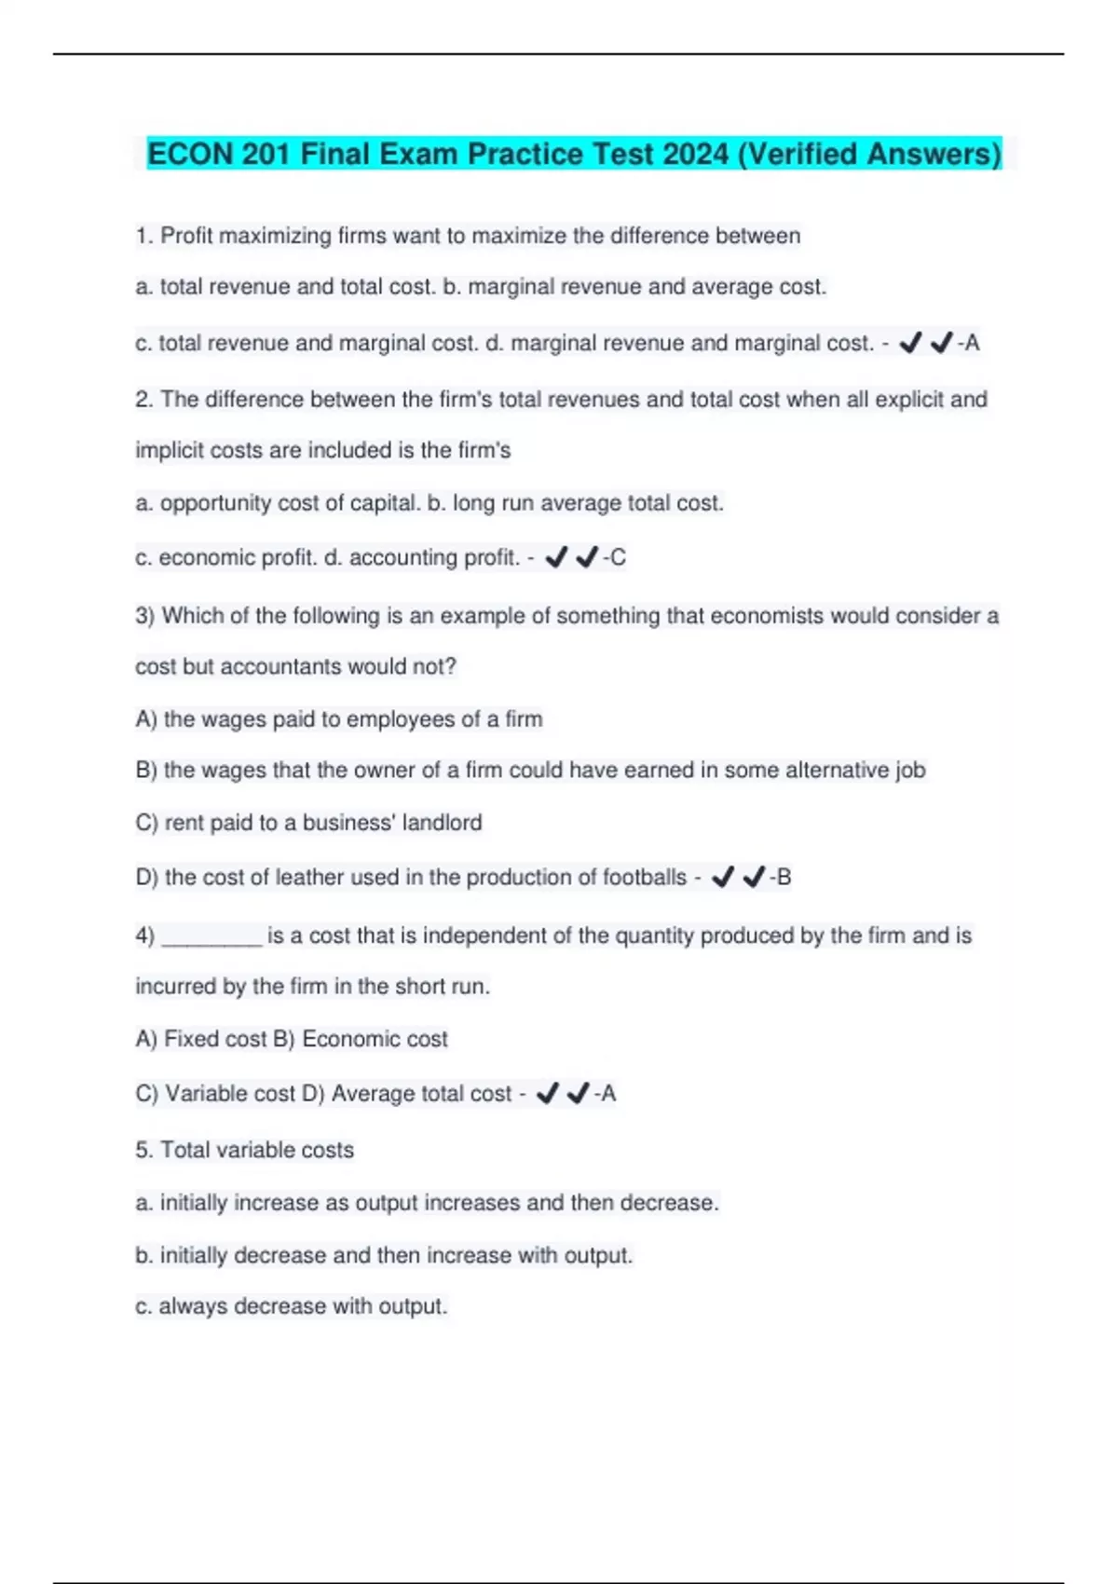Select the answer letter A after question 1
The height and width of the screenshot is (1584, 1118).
[972, 344]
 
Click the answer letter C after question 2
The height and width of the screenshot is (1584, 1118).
[618, 558]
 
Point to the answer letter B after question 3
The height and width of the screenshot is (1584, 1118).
[784, 878]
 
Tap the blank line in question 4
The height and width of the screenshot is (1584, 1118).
[212, 936]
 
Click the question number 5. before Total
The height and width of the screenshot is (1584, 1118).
[143, 1151]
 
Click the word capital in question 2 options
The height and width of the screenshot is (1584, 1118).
[384, 504]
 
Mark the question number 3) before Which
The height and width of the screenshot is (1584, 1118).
[144, 617]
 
